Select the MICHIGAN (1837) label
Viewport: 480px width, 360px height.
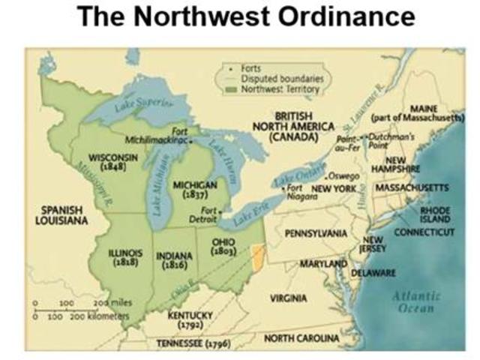pos(194,189)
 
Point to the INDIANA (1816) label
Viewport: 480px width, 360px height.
pos(174,259)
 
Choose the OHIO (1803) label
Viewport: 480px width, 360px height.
pos(223,246)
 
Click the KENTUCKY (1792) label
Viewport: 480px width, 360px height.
pos(190,320)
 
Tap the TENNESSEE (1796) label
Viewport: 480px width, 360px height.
pos(193,343)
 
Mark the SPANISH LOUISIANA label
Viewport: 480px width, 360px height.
pos(61,215)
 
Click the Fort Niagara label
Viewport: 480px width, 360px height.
pos(301,190)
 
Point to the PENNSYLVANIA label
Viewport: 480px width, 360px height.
pos(316,234)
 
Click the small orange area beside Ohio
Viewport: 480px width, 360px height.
pos(259,258)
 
